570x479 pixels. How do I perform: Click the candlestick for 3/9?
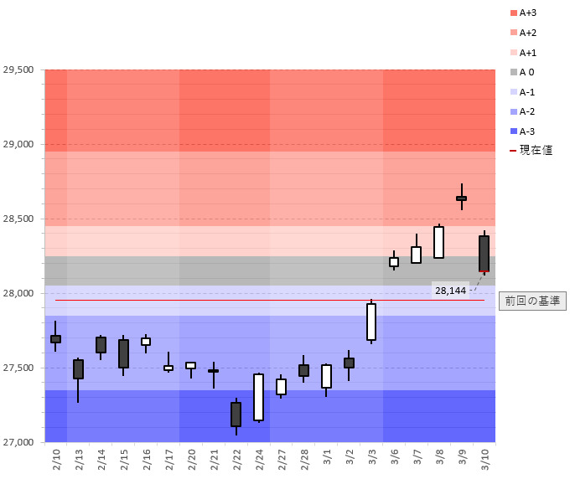[x=461, y=198]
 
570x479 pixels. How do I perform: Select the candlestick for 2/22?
[x=236, y=415]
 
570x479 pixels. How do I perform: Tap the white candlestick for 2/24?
[x=258, y=397]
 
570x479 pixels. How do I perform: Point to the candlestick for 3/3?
[x=371, y=322]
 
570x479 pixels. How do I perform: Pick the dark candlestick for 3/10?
[x=484, y=254]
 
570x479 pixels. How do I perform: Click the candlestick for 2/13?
[x=78, y=369]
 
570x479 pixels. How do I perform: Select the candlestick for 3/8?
[x=438, y=242]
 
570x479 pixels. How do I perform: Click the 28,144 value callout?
[x=451, y=290]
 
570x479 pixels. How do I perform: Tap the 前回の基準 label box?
[x=531, y=301]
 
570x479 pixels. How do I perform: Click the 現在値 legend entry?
[x=528, y=151]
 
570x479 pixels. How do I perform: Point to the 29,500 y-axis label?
[x=18, y=70]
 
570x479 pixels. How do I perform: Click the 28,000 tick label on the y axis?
[x=18, y=293]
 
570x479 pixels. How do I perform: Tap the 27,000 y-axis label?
[x=18, y=442]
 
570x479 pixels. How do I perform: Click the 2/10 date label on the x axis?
[x=56, y=459]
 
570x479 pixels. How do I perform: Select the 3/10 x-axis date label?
[x=484, y=459]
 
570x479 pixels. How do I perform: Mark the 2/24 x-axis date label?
[x=259, y=459]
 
